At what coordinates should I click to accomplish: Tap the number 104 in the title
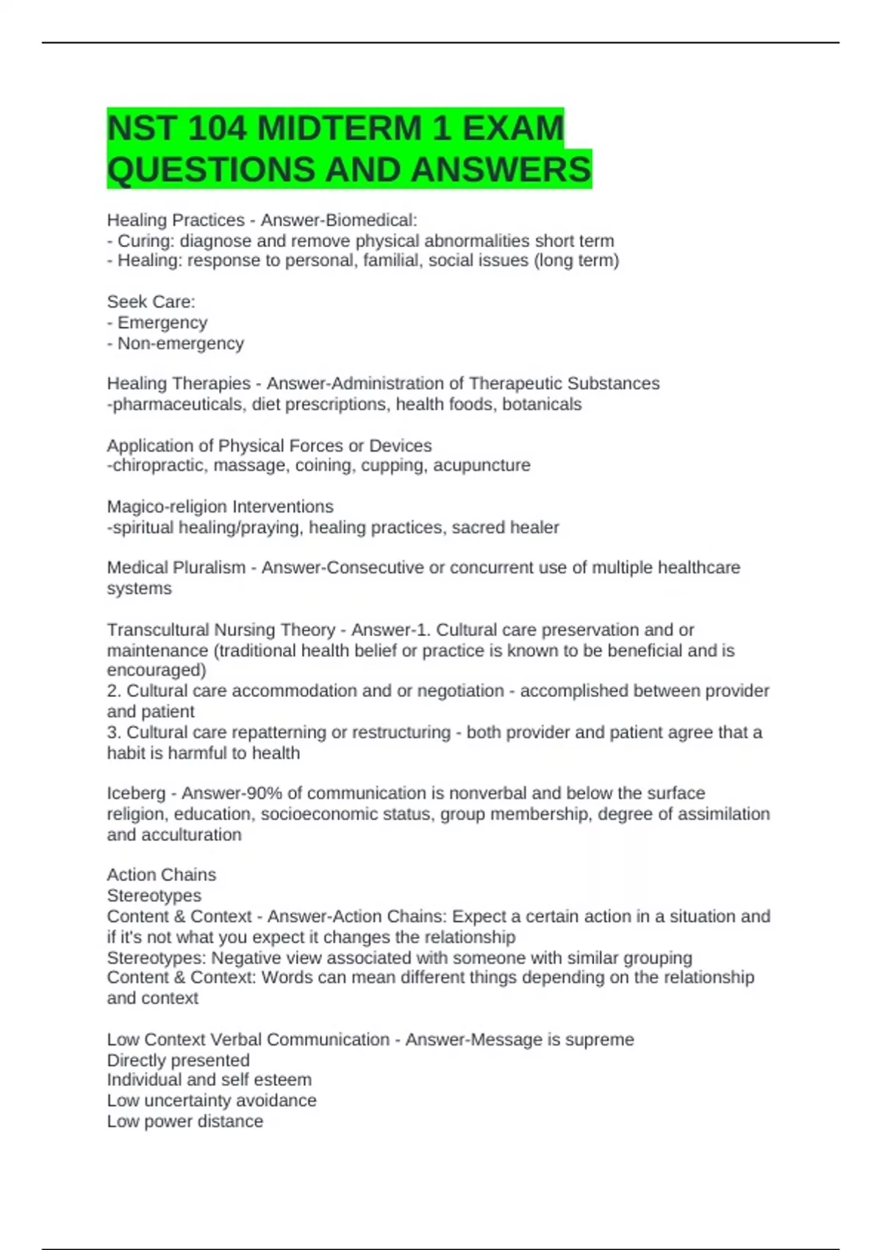point(217,129)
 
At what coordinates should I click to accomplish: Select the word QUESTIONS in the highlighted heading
point(210,170)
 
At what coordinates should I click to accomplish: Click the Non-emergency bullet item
point(180,343)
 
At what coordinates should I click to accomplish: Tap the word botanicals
point(542,404)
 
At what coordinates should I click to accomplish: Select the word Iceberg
point(136,793)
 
